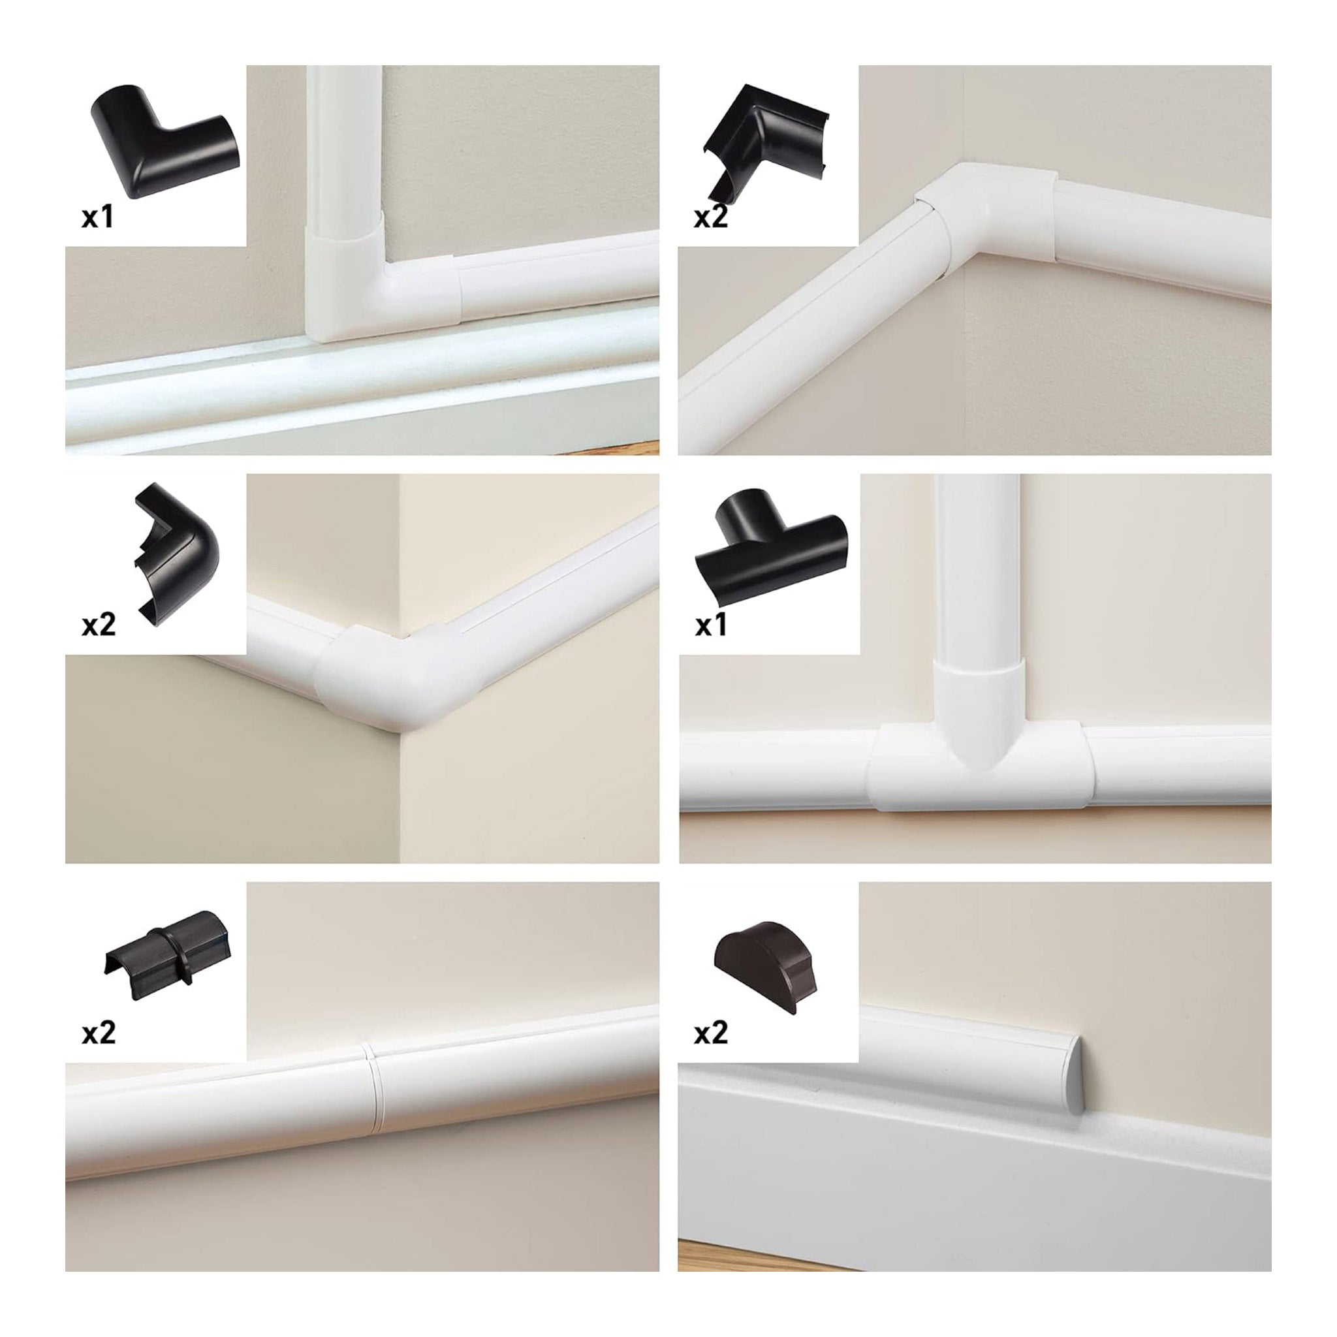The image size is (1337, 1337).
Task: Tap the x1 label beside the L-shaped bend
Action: pyautogui.click(x=99, y=218)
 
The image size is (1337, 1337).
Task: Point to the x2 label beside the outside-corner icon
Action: pyautogui.click(x=99, y=626)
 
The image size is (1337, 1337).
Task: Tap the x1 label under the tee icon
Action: pyautogui.click(x=712, y=626)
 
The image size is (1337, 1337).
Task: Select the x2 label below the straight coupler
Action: pyautogui.click(x=99, y=1034)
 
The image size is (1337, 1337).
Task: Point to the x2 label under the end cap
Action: pyautogui.click(x=712, y=1034)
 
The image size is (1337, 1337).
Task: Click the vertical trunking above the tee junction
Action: pyautogui.click(x=978, y=567)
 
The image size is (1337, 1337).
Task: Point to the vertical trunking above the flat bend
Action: pyautogui.click(x=344, y=159)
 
